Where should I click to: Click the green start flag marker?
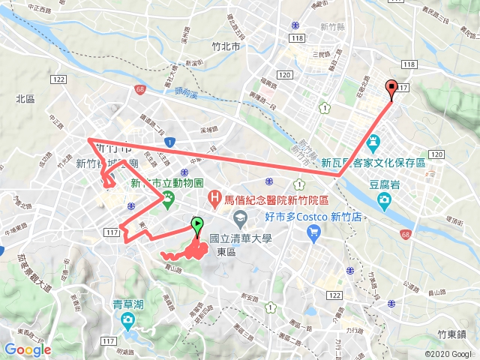(x=197, y=223)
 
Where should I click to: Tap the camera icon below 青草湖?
(x=128, y=322)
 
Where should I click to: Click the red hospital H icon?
(x=216, y=198)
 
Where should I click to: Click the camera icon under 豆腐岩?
(x=385, y=199)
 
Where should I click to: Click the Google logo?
(x=28, y=349)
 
